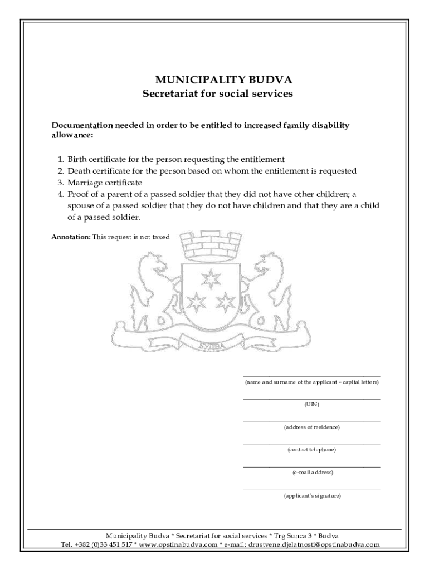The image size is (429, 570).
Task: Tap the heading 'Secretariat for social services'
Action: click(x=217, y=94)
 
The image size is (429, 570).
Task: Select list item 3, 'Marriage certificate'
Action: click(x=105, y=183)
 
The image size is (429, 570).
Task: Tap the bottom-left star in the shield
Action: click(x=196, y=301)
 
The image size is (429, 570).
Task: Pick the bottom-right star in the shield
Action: click(x=225, y=301)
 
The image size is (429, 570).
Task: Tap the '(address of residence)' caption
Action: click(x=311, y=427)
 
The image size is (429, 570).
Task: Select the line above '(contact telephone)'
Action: click(x=311, y=444)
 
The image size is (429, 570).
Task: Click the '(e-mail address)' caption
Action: click(x=311, y=472)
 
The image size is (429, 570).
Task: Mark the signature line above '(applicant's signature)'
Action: click(x=311, y=490)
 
